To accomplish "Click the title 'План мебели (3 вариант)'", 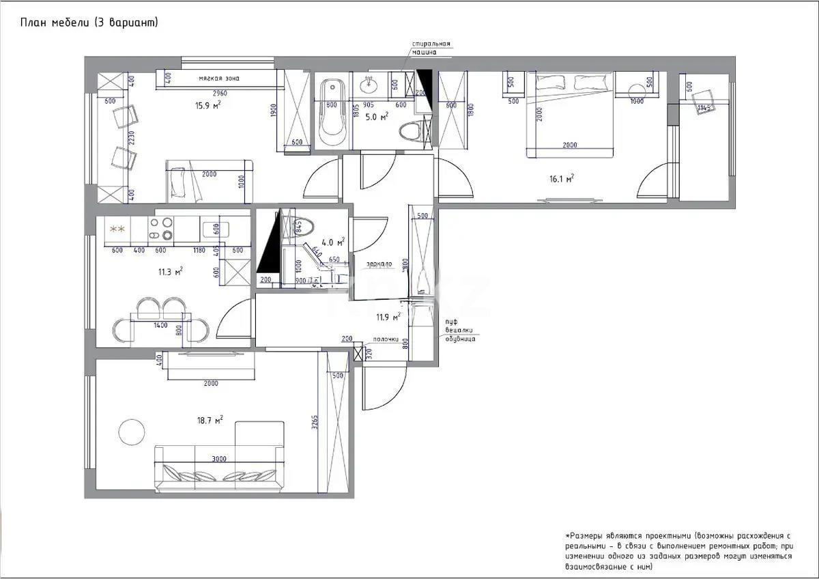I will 89,23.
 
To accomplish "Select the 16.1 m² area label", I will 561,178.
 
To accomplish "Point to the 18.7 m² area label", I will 210,421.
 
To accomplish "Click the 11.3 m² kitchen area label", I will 170,272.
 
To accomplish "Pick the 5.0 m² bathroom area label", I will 376,117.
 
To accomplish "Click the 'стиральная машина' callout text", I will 431,48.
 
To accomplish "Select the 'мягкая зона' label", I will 219,79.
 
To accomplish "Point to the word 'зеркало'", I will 378,264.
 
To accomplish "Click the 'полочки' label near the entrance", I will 385,339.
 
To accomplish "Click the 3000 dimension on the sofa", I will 218,459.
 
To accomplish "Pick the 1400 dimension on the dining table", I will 160,326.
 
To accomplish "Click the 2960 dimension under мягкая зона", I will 219,93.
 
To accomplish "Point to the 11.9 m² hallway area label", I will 387,317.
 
